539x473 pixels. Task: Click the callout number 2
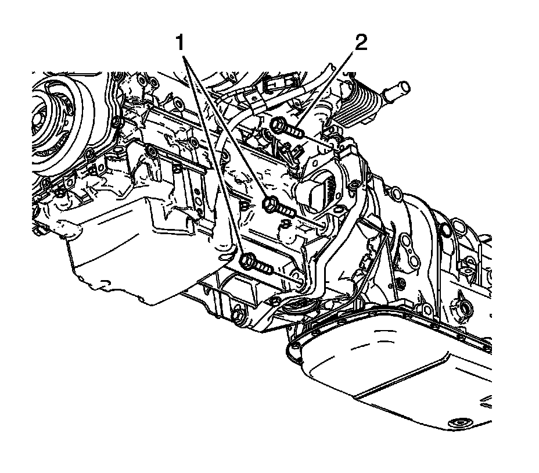pos(361,42)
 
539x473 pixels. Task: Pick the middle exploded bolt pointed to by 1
pos(278,206)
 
